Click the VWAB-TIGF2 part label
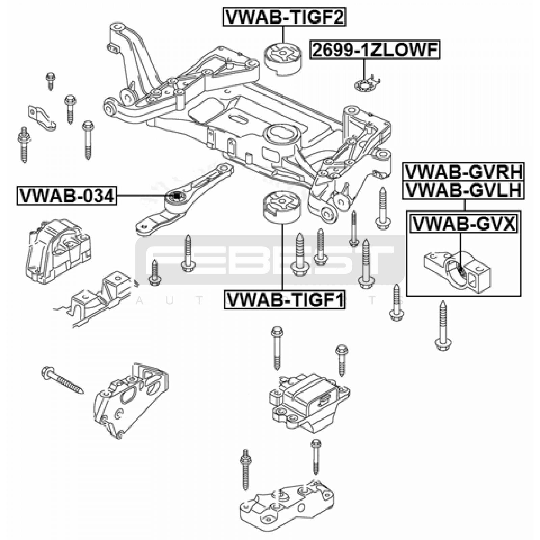coord(284,17)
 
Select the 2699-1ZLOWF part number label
coord(375,50)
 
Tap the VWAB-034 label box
coord(67,196)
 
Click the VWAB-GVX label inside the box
coord(463,223)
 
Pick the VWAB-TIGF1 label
coord(285,300)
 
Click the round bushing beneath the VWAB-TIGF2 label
coord(282,59)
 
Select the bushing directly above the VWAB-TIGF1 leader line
coord(281,208)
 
